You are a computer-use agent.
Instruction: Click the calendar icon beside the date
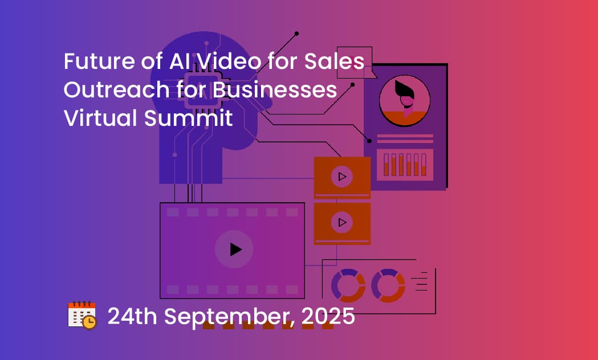click(82, 316)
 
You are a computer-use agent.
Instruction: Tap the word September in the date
click(228, 317)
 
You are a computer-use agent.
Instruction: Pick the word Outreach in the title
click(116, 89)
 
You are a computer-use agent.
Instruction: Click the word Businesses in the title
click(275, 89)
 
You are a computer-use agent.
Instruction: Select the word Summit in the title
click(188, 118)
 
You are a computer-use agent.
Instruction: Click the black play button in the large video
click(235, 249)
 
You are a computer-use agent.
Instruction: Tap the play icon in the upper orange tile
click(342, 177)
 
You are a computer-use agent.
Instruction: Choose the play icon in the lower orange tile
click(342, 222)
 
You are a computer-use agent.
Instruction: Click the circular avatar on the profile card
click(405, 101)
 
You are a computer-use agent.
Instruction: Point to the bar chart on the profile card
click(405, 165)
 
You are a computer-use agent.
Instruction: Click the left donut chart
click(348, 286)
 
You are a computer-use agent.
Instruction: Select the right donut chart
click(388, 286)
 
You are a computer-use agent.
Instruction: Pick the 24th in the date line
click(132, 316)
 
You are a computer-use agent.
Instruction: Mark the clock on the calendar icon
click(90, 322)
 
